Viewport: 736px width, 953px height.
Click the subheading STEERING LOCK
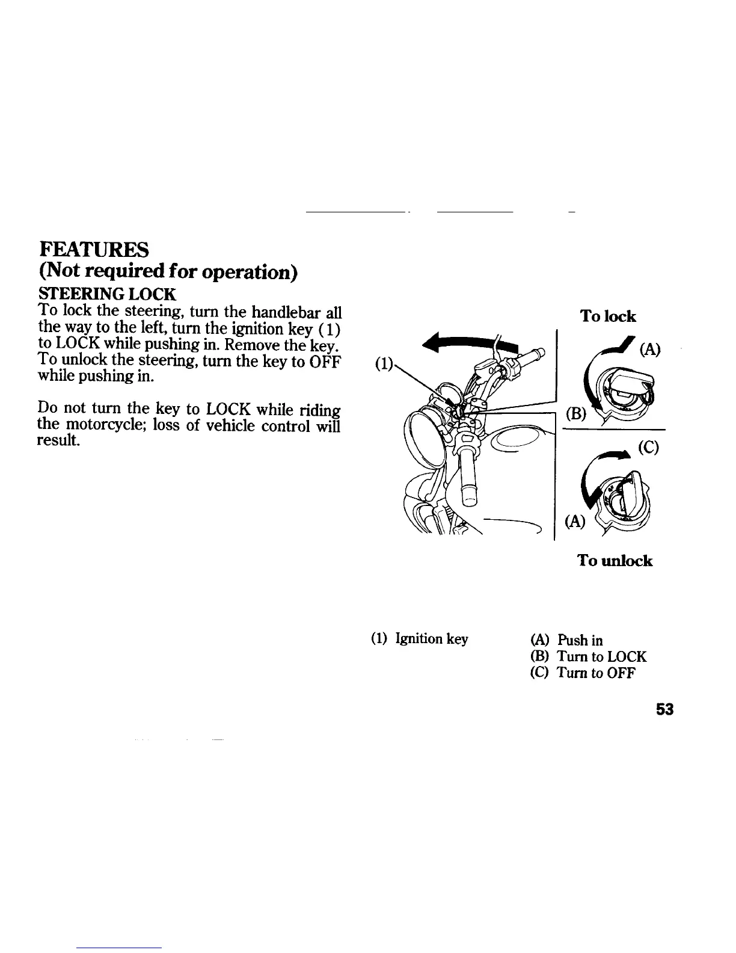pyautogui.click(x=106, y=294)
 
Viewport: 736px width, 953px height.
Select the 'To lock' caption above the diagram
pyautogui.click(x=607, y=316)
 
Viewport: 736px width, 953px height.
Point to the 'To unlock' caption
pyautogui.click(x=614, y=561)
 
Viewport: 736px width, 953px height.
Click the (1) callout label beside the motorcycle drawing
pyautogui.click(x=383, y=364)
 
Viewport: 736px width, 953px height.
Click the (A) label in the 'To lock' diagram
pyautogui.click(x=650, y=350)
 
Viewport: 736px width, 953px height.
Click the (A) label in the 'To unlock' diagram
pyautogui.click(x=575, y=521)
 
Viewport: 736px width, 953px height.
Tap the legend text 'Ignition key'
pyautogui.click(x=431, y=639)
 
